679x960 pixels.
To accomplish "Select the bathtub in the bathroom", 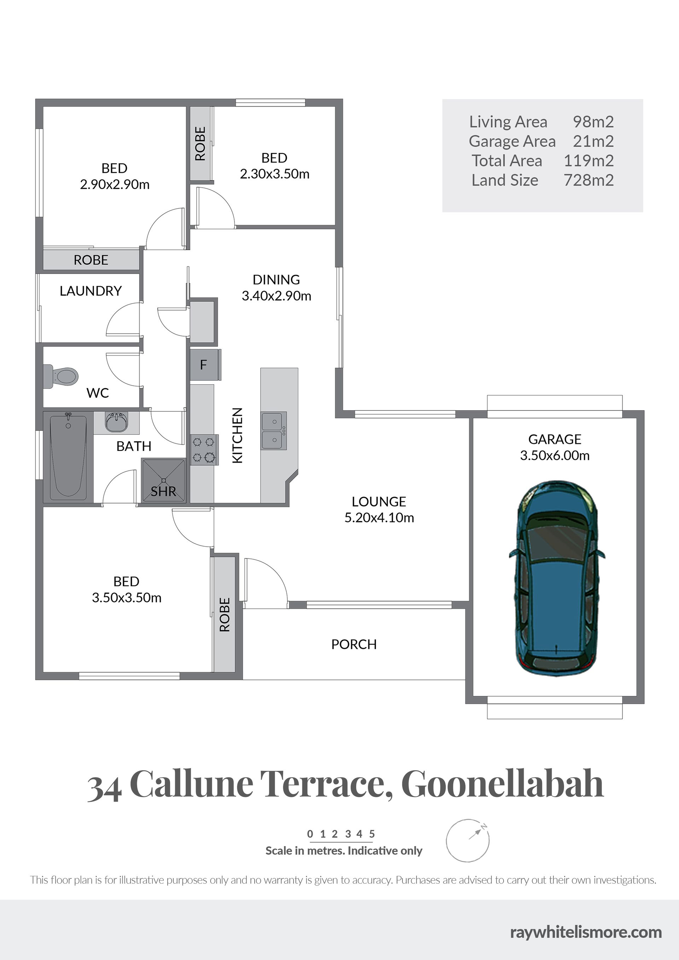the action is point(68,457).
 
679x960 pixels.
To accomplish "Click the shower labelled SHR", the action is point(164,480).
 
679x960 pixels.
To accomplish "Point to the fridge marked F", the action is point(204,365).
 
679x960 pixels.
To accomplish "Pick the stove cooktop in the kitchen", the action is point(204,450).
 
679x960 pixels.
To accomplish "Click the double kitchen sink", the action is point(274,431).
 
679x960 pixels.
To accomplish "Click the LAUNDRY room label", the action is point(91,291).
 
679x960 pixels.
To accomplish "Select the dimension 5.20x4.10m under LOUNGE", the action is point(379,517).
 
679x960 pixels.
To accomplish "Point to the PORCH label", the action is point(354,644).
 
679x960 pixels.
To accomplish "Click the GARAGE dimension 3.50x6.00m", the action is point(555,455).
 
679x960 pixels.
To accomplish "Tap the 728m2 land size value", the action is point(588,180).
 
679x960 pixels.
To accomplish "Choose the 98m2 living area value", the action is point(593,121).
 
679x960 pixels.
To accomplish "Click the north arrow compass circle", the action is point(467,841).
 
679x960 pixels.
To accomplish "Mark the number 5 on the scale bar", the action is point(372,834).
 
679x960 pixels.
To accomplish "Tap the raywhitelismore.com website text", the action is point(586,932).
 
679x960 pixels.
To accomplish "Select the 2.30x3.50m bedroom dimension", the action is point(274,174).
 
